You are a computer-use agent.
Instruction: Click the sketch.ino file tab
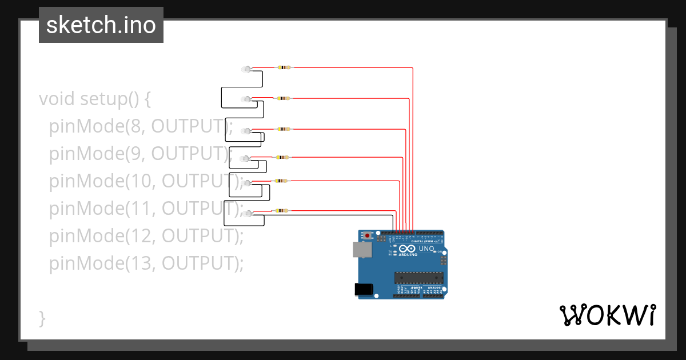(x=101, y=25)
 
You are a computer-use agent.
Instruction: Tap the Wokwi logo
(x=607, y=315)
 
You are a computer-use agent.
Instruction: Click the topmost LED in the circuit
(x=246, y=69)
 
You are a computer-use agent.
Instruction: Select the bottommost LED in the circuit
(x=246, y=214)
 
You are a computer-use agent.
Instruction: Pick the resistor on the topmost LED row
(x=284, y=67)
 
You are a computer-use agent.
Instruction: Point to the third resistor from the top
(x=284, y=129)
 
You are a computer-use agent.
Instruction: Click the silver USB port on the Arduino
(x=361, y=249)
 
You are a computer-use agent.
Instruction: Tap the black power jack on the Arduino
(x=364, y=290)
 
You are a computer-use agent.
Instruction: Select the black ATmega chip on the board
(x=418, y=278)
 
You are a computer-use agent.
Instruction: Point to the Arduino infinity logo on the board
(x=408, y=249)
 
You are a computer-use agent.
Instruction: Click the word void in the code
(x=57, y=99)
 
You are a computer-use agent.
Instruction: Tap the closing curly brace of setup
(x=42, y=318)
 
